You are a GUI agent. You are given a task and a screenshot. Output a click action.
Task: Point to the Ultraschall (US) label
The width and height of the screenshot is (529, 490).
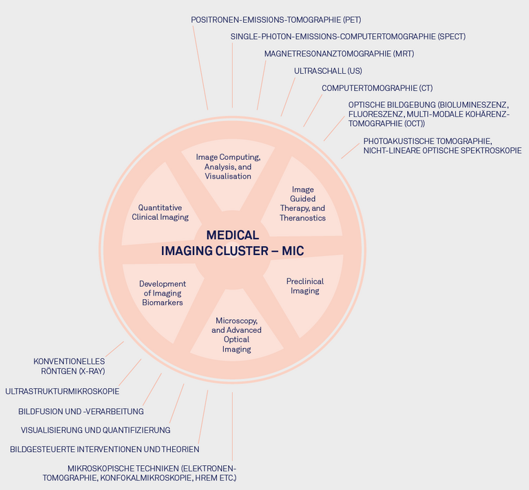pos(328,71)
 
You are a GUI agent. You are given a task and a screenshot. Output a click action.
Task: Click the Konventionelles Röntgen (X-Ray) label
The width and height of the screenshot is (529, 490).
pos(69,366)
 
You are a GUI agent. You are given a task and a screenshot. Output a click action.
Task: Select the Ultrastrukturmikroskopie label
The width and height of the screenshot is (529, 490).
pos(62,391)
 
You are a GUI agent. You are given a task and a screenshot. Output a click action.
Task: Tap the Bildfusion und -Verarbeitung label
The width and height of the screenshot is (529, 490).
pos(81,411)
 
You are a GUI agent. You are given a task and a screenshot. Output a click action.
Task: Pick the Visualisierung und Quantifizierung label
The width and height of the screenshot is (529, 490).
pos(95,430)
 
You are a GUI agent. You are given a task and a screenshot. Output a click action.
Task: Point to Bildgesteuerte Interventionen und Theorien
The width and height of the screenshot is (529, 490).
pos(105,449)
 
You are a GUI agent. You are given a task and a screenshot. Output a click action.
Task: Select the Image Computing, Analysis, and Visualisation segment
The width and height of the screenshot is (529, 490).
pos(228,167)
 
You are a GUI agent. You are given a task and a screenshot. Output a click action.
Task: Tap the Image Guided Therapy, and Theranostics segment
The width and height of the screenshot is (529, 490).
pos(302,203)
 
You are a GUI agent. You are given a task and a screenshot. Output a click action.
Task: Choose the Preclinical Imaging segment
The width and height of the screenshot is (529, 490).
pos(304,286)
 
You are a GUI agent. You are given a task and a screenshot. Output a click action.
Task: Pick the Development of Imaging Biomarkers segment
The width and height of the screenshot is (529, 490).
pos(163,293)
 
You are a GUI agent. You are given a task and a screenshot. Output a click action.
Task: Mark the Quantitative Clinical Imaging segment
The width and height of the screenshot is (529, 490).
pos(160,212)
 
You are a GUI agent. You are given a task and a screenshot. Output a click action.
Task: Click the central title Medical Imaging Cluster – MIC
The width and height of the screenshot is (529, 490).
pos(232,243)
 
